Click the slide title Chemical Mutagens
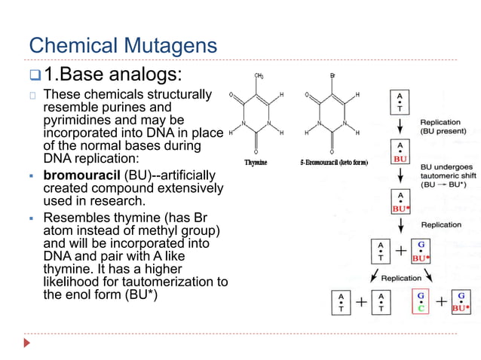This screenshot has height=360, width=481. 122,45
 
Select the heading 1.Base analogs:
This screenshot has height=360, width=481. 113,75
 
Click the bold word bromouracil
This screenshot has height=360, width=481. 81,175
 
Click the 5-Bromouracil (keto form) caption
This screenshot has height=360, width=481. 332,163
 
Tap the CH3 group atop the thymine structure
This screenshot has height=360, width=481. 259,76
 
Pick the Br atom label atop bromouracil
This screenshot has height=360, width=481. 332,76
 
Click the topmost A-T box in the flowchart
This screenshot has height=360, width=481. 399,102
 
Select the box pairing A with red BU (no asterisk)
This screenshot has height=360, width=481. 399,153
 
